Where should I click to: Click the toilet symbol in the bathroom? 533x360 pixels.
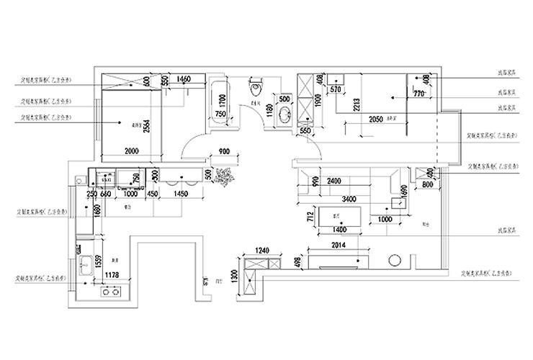pyautogui.click(x=254, y=89)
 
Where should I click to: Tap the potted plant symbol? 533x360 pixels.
pyautogui.click(x=225, y=176)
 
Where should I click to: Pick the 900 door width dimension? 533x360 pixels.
pyautogui.click(x=224, y=152)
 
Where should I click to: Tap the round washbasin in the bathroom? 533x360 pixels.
pyautogui.click(x=284, y=114)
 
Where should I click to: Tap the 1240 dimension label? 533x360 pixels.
pyautogui.click(x=262, y=251)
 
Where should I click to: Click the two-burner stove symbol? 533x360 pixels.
pyautogui.click(x=112, y=291)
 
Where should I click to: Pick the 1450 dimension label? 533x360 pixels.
pyautogui.click(x=181, y=194)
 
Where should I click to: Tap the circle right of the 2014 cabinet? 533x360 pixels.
pyautogui.click(x=395, y=261)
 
